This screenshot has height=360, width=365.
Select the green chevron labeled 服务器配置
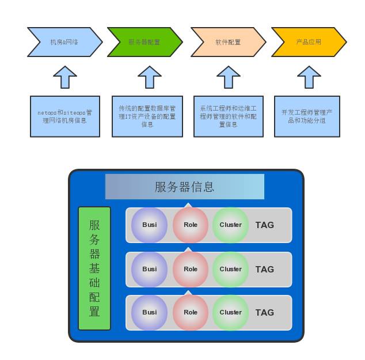point(145,42)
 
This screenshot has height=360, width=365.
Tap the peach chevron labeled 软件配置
point(228,42)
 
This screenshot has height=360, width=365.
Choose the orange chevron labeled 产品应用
point(309,42)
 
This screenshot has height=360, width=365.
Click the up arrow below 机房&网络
point(65,77)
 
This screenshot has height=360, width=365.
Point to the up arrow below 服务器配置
point(150,77)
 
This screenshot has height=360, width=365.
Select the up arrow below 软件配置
point(229,77)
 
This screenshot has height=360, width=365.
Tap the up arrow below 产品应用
point(309,77)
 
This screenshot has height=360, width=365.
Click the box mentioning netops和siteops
point(65,116)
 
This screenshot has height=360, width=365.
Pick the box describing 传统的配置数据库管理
point(147,116)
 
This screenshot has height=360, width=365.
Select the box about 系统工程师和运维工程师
point(229,116)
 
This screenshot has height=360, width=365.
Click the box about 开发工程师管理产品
point(307,116)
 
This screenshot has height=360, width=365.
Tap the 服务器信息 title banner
point(184,187)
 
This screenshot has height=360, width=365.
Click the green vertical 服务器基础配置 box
point(94,268)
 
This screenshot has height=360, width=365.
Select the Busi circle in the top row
point(149,225)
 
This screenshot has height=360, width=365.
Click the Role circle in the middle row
point(190,269)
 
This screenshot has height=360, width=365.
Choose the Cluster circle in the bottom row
point(230,312)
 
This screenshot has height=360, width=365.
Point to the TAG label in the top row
point(265,225)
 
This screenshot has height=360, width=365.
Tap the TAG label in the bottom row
point(265,313)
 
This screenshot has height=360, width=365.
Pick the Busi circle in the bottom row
point(149,312)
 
